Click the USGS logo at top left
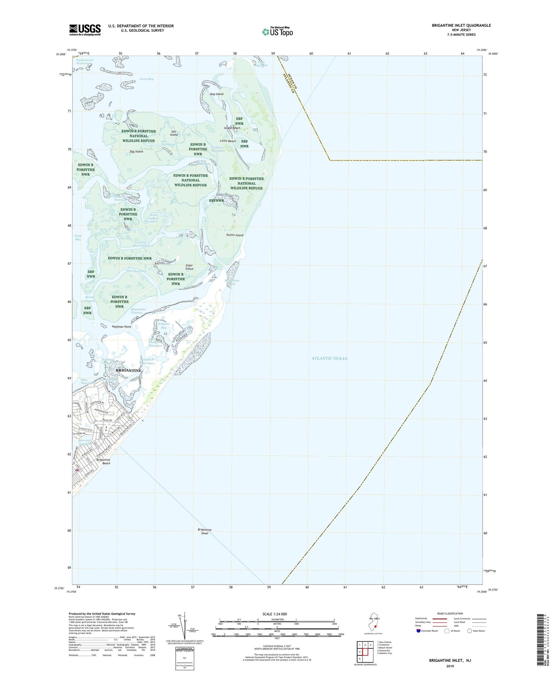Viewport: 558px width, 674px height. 85,30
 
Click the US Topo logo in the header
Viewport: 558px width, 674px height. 277,32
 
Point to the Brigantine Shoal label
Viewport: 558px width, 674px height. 205,531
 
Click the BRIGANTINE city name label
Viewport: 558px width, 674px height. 129,371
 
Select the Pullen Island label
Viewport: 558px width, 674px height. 235,235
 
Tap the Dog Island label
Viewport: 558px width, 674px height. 217,94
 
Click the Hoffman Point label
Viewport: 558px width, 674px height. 121,327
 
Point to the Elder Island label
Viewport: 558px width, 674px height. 189,267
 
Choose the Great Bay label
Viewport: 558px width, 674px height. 147,79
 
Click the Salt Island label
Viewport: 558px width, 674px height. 174,133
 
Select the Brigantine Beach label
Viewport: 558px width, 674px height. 103,461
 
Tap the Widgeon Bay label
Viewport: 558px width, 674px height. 164,326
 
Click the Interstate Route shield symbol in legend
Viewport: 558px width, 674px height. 418,631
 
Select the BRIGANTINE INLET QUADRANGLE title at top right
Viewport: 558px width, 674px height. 456,25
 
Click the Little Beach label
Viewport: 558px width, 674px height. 228,141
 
